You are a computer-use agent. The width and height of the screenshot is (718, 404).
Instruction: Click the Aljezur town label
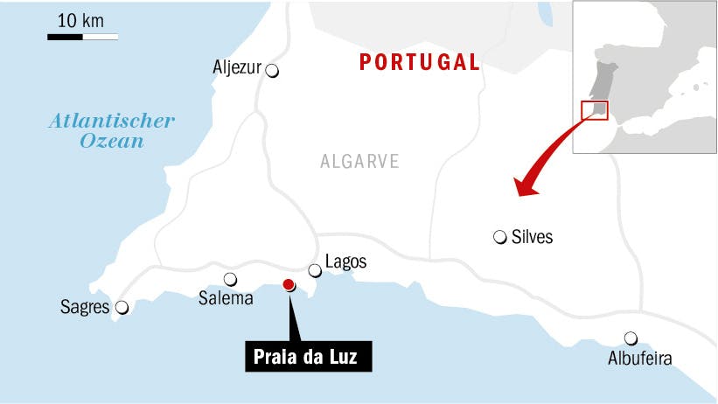point(237,66)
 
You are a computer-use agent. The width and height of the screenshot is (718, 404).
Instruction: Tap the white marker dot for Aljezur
point(272,72)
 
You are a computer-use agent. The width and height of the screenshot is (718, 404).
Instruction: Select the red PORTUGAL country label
point(421,62)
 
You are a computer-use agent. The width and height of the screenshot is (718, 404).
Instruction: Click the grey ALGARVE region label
point(359,162)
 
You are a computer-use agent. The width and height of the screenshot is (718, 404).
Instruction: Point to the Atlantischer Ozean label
point(111,129)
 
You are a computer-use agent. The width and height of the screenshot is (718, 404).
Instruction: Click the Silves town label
point(532,237)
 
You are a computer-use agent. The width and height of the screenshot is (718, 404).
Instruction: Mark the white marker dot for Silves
point(499,236)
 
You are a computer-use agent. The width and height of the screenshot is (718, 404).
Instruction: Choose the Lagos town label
point(345,261)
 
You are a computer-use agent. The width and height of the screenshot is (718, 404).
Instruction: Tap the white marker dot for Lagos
point(315,271)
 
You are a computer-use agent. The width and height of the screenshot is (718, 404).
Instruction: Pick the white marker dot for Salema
point(230,280)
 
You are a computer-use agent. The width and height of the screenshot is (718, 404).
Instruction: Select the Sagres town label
point(85,307)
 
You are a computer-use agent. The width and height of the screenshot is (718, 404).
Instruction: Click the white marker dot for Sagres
point(122,308)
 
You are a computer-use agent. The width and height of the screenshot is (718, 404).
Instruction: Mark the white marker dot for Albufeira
point(630,338)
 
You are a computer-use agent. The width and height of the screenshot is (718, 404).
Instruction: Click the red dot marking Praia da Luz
point(289,284)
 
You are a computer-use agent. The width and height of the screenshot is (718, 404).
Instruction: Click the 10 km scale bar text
point(80,20)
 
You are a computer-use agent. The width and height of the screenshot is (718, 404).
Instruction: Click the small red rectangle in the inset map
point(594,111)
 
